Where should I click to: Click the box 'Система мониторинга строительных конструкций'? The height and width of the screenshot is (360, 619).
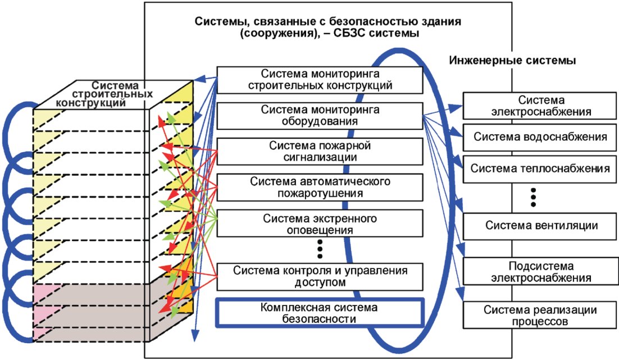[320, 80]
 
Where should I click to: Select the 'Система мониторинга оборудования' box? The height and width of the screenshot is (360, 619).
[320, 116]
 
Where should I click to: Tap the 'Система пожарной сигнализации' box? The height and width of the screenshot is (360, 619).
[320, 152]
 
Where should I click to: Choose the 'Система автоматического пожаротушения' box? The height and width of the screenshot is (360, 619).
[320, 188]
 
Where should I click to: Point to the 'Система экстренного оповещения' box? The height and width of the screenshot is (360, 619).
[320, 224]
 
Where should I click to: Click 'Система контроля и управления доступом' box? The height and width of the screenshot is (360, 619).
[320, 277]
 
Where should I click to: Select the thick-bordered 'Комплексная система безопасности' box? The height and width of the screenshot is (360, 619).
[320, 313]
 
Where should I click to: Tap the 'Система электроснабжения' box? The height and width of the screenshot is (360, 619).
[540, 106]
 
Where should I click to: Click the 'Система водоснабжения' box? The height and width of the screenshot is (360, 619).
[540, 138]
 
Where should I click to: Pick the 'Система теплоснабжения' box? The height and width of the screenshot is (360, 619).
[540, 169]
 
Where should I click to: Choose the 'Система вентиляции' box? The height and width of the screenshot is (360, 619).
[540, 226]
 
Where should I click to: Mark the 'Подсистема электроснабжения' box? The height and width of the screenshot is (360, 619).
[540, 272]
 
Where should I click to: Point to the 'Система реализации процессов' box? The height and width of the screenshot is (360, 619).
[540, 315]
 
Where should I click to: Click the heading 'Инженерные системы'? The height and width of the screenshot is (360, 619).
[512, 61]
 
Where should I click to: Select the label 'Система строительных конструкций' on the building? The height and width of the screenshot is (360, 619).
[104, 94]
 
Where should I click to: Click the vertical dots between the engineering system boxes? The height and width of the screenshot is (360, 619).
[533, 197]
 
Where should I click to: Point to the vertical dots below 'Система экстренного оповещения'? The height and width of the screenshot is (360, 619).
[320, 249]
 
